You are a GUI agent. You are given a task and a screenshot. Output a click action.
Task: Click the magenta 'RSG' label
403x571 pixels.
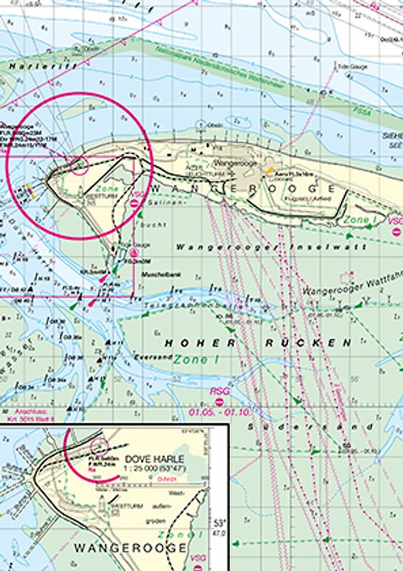click(218, 391)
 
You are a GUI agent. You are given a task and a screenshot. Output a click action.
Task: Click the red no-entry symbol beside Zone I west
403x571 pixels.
click(136, 203)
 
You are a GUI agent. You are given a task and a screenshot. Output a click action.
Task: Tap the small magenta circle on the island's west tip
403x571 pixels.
click(80, 166)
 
